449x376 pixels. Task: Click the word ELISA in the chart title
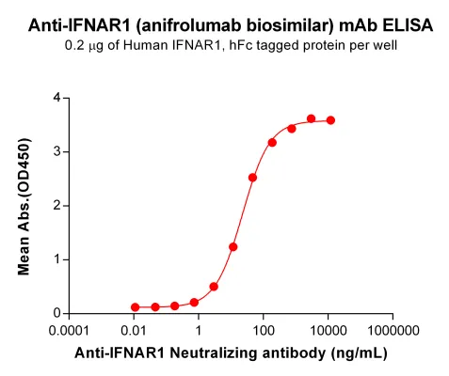[408, 25]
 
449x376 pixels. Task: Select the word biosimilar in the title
[286, 25]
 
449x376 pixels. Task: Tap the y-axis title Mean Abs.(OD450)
[24, 207]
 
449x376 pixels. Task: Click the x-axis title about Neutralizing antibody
[231, 353]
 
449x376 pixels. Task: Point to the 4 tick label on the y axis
[57, 98]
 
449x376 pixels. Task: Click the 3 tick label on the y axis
[57, 152]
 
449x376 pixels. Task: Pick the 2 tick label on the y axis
[57, 206]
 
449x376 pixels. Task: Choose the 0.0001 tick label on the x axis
[69, 331]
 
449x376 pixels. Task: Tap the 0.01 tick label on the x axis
[134, 331]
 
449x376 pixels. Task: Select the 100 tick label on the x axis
[264, 331]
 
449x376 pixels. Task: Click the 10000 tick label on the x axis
[329, 331]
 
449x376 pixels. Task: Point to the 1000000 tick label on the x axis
[393, 331]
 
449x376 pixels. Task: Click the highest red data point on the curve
[312, 118]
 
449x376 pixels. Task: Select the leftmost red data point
[136, 307]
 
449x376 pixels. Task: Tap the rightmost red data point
[330, 120]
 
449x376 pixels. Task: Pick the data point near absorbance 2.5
[252, 178]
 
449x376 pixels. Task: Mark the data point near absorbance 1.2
[233, 247]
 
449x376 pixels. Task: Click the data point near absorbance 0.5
[214, 287]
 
